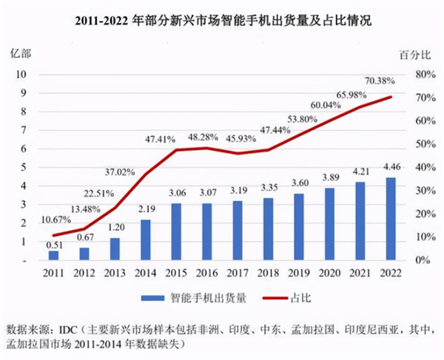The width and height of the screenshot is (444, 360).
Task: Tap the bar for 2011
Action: click(x=54, y=255)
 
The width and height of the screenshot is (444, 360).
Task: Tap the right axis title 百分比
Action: click(x=415, y=55)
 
